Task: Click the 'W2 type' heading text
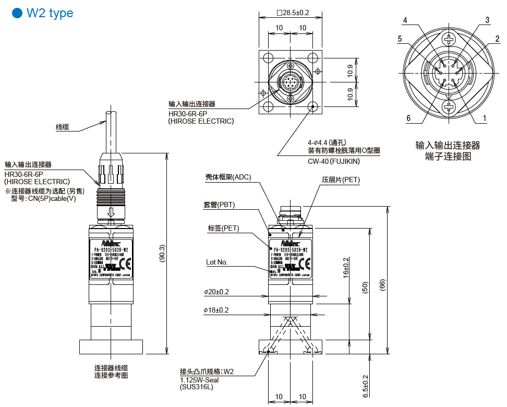tap(50, 13)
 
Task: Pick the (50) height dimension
tap(365, 287)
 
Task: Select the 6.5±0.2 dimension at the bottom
tap(365, 386)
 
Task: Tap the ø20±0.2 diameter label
tap(216, 292)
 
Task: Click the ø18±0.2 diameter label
tap(216, 310)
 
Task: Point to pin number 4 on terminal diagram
tap(405, 20)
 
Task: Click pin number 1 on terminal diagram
tap(485, 118)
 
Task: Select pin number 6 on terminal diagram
tap(408, 118)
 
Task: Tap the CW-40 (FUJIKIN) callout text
tap(334, 161)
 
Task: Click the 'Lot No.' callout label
tap(216, 262)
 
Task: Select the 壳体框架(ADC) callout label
tap(228, 177)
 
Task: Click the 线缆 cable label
tap(62, 127)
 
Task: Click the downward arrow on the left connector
tap(111, 212)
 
